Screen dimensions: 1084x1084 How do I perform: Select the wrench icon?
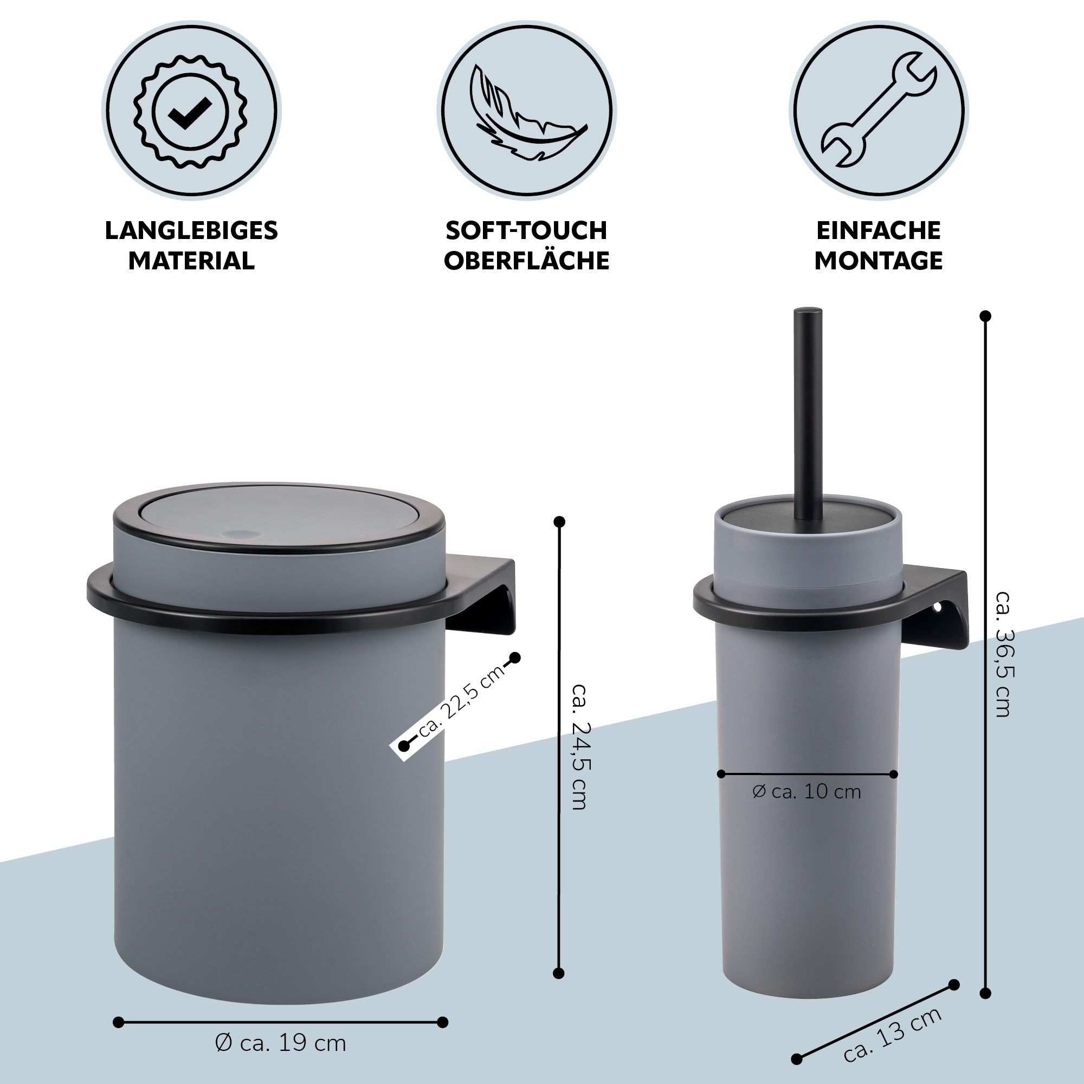[879, 110]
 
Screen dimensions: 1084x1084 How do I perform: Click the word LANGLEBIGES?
[191, 230]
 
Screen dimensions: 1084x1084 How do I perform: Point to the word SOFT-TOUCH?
[526, 230]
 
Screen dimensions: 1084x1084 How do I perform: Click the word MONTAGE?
[879, 260]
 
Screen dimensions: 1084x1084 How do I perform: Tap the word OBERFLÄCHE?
[526, 260]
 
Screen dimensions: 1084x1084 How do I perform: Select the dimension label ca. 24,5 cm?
[578, 746]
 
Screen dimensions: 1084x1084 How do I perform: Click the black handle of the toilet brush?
[808, 414]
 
